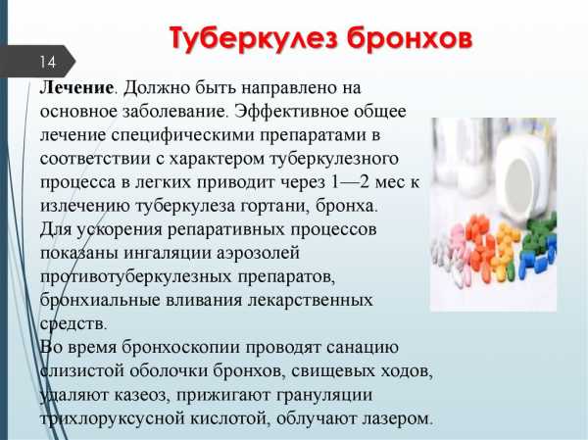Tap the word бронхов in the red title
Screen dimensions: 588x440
[x=410, y=38]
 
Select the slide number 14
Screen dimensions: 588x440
[x=48, y=62]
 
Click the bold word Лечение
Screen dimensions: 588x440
[x=76, y=87]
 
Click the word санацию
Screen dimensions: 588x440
[x=363, y=347]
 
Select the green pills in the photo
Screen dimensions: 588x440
[x=540, y=232]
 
